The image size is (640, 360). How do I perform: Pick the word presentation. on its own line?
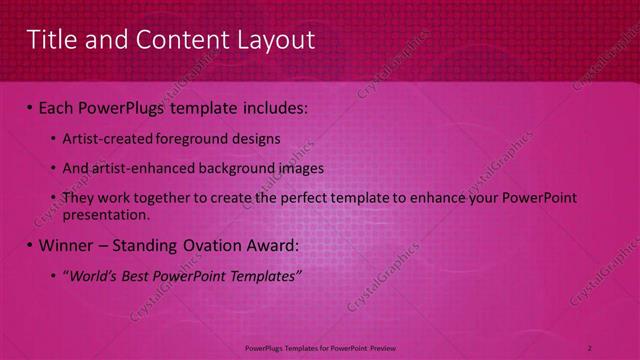point(105,214)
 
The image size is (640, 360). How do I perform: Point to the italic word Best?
point(135,275)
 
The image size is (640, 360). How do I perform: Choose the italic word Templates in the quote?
point(264,275)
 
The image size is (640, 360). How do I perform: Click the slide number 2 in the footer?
point(590,347)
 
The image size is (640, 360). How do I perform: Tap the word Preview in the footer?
point(379,347)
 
